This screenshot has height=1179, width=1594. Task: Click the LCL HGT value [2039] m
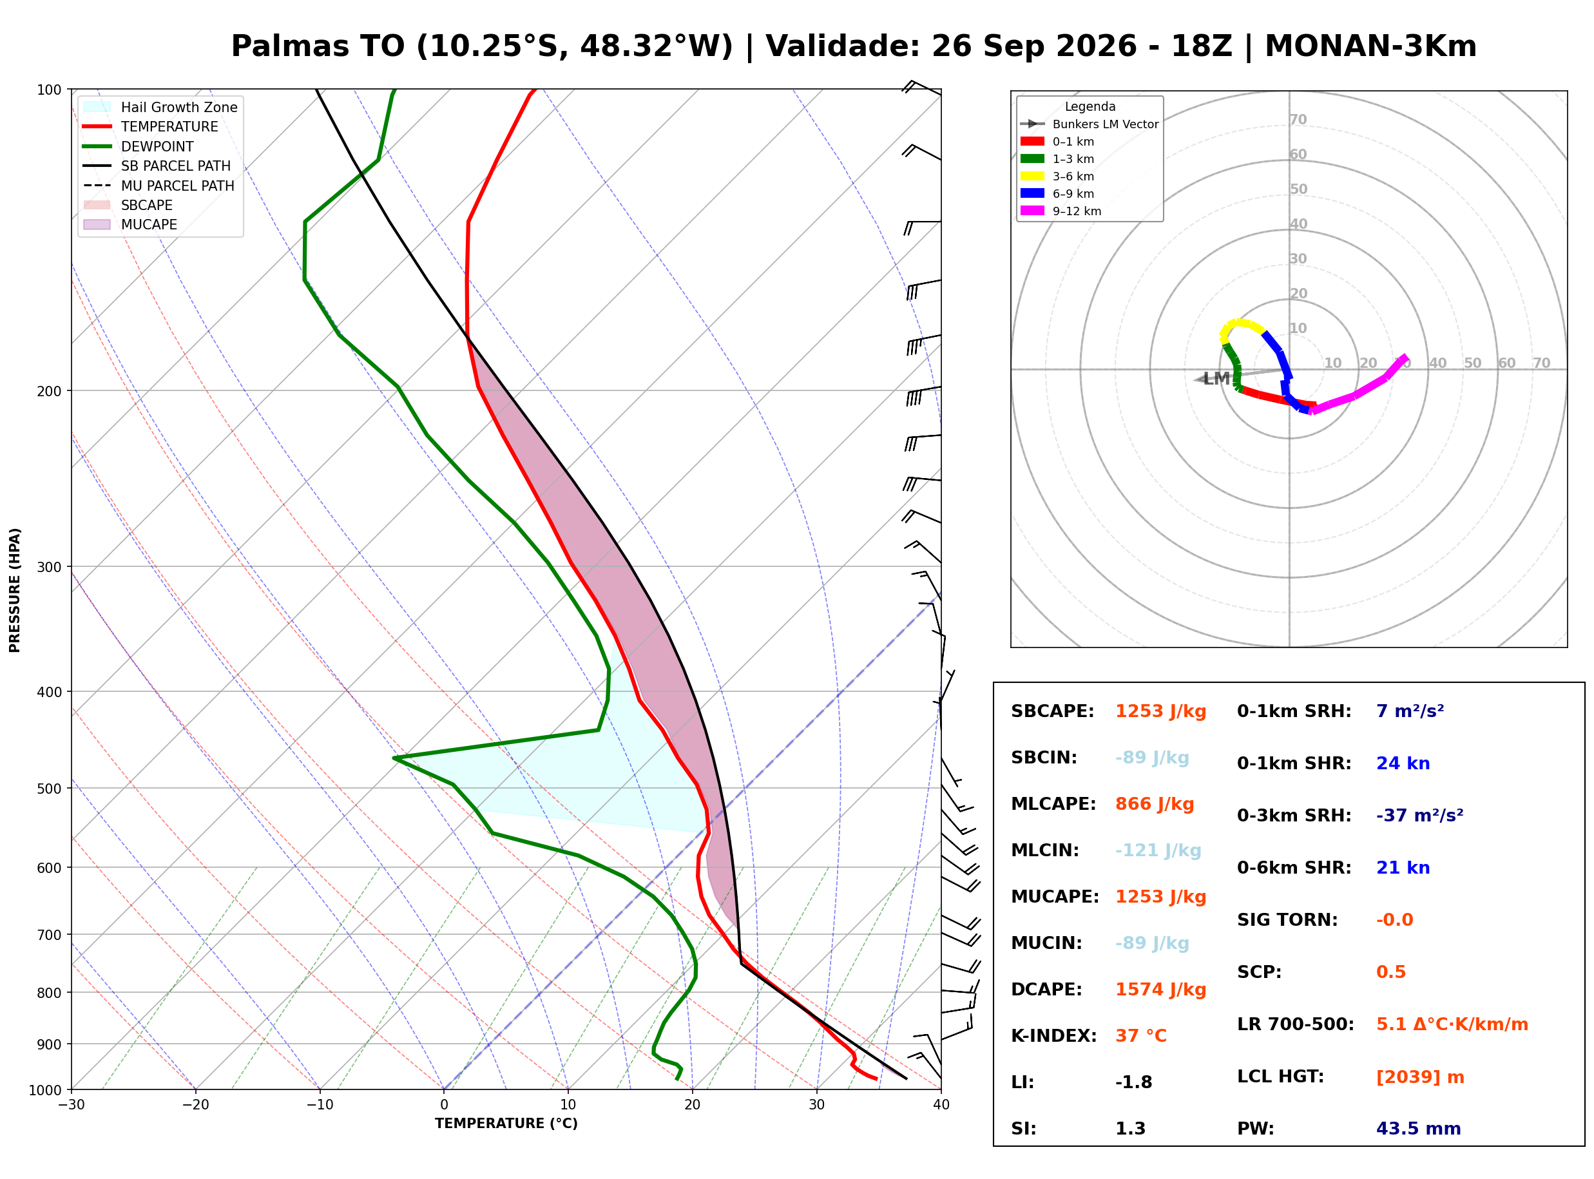pos(1420,1077)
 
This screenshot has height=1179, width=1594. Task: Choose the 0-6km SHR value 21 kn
pos(1403,868)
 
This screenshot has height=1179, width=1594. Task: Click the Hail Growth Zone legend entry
pos(160,107)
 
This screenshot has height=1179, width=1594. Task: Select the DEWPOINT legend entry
pos(139,146)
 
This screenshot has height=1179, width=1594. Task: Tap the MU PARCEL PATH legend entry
pos(158,186)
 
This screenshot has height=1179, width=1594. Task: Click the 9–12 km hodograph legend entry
pos(1061,211)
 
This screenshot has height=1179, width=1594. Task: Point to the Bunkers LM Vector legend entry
pos(1090,124)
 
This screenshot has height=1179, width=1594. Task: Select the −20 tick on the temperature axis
pos(195,1105)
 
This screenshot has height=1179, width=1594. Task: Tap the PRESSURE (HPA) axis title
pos(15,590)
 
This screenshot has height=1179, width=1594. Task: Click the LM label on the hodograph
pos(1216,379)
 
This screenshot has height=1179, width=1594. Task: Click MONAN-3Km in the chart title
pos(1370,46)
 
